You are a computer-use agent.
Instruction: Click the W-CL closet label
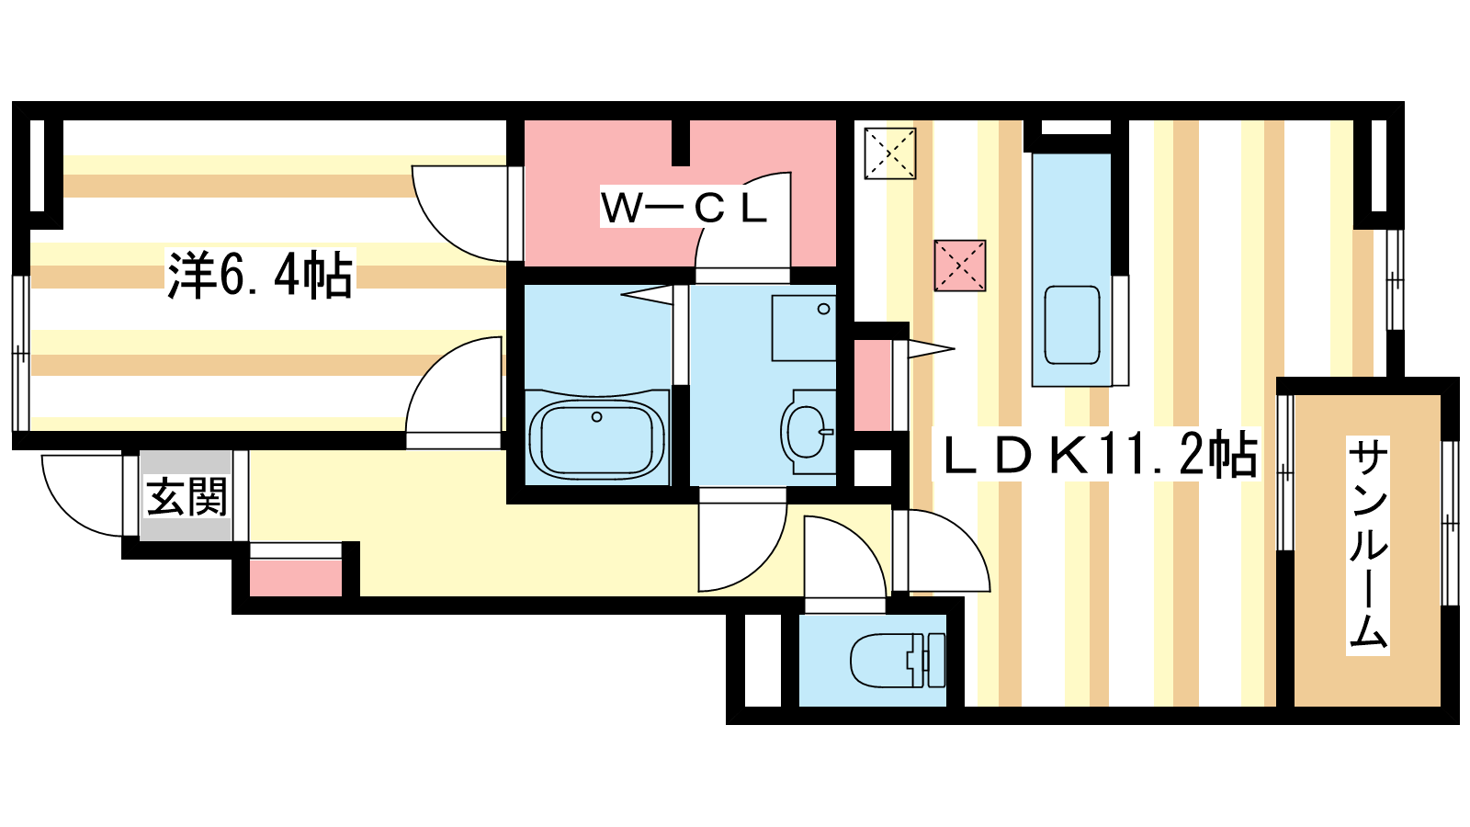[x=684, y=209]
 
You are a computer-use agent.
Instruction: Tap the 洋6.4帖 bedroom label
[x=260, y=275]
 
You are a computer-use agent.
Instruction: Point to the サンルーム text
[x=1368, y=546]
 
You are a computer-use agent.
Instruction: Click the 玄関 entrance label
[x=187, y=497]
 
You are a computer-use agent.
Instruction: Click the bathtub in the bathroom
[x=596, y=437]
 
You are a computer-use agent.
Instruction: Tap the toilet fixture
[x=897, y=660]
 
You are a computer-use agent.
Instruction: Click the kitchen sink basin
[x=1071, y=325]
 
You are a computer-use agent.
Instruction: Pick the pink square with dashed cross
[x=959, y=266]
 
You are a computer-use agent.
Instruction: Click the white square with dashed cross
[x=890, y=153]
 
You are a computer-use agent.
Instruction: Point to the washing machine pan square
[x=804, y=328]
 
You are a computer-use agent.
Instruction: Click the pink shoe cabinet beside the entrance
[x=296, y=578]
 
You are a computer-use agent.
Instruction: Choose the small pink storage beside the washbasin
[x=872, y=385]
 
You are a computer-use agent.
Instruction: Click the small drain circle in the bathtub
[x=596, y=417]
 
